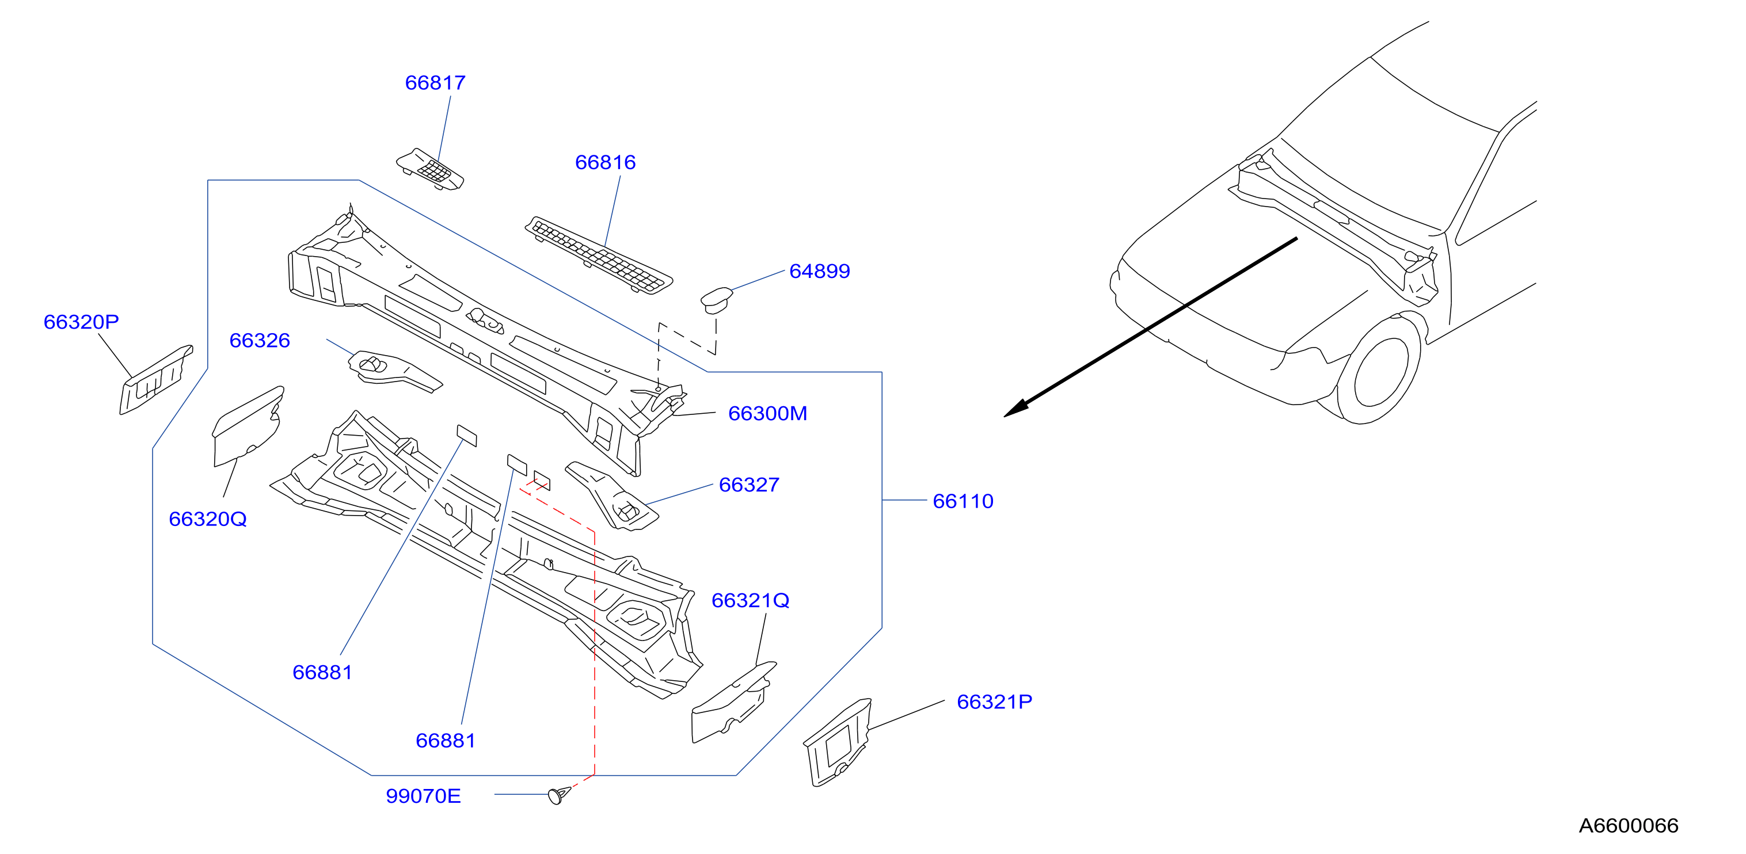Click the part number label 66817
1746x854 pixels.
point(435,83)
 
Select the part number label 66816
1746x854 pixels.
point(605,163)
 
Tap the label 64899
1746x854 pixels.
point(819,271)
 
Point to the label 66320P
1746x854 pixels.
point(81,322)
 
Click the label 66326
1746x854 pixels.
point(260,340)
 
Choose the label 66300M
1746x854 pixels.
point(767,413)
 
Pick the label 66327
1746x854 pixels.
point(749,485)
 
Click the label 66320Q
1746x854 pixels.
point(207,519)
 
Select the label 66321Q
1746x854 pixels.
point(750,601)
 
